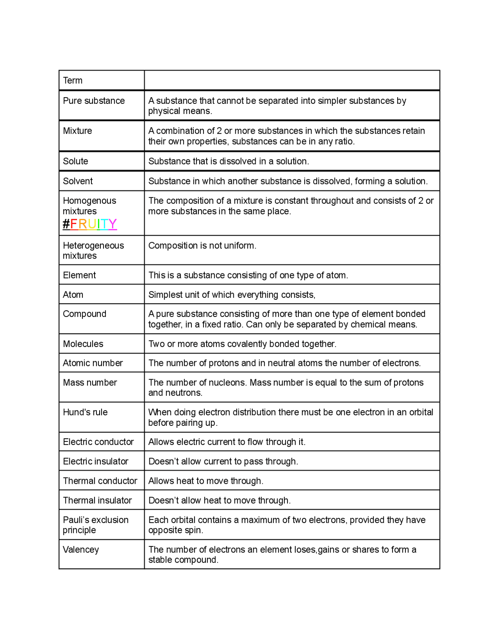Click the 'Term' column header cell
tap(73, 80)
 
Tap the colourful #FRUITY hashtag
tap(90, 224)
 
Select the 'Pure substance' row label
tap(94, 101)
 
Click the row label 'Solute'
tap(75, 161)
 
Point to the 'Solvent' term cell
tap(78, 181)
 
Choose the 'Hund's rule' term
tap(85, 412)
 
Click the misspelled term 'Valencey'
tap(81, 549)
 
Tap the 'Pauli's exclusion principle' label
tap(95, 525)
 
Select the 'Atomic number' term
tap(93, 363)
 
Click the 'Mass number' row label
tap(90, 383)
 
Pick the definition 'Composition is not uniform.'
tap(202, 245)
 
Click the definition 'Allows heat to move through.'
tap(206, 481)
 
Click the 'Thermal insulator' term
tap(97, 500)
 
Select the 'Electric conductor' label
tap(98, 442)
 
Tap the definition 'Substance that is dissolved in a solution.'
tap(228, 161)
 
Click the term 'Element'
tap(79, 275)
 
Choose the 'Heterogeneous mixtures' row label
tap(93, 250)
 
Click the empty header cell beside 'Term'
tap(292, 80)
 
